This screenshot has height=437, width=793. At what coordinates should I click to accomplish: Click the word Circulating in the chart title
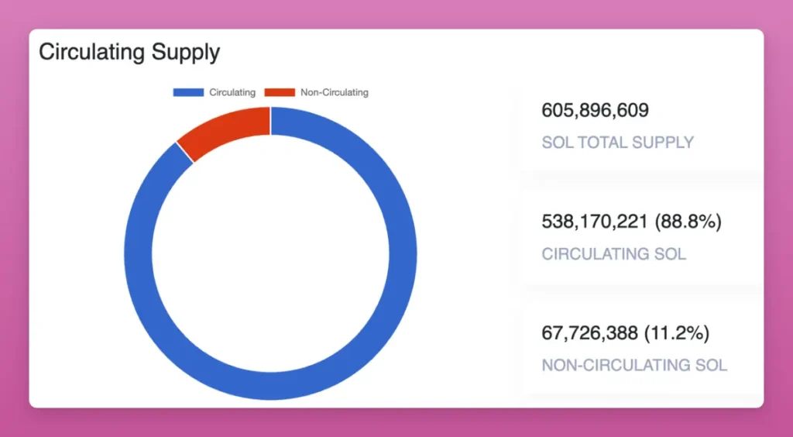(91, 53)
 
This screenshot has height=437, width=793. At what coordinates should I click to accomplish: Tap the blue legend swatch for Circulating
(188, 92)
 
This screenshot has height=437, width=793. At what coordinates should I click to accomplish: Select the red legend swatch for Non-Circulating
(280, 92)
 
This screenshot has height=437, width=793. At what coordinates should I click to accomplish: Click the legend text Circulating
(232, 92)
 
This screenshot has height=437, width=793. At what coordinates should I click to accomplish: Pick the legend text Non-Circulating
(335, 92)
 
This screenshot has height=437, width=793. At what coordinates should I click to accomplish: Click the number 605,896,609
(595, 111)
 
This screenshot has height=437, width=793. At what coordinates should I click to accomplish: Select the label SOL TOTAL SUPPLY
(617, 143)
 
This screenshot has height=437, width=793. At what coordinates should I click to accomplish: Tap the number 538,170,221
(595, 222)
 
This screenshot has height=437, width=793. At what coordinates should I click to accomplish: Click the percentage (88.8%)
(688, 222)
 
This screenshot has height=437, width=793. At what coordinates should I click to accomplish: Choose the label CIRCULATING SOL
(613, 254)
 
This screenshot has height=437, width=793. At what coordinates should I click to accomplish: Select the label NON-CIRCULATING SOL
(634, 365)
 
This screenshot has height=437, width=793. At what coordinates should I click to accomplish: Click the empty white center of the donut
(270, 253)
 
